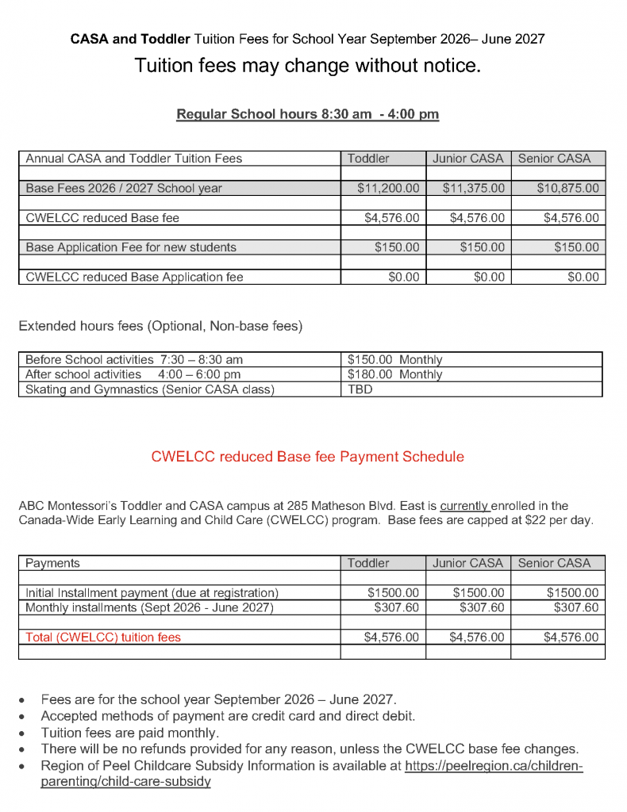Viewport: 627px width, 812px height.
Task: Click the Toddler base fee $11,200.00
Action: (x=388, y=189)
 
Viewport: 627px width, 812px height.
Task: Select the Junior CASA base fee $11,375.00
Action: (x=473, y=189)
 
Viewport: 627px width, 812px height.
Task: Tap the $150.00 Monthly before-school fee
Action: (x=394, y=359)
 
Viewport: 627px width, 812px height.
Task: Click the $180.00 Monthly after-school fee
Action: (x=394, y=374)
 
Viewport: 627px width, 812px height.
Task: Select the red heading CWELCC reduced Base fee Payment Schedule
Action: (x=307, y=457)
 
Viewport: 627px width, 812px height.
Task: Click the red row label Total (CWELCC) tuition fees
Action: (x=103, y=637)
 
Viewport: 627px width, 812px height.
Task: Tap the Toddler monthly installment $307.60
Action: (x=396, y=607)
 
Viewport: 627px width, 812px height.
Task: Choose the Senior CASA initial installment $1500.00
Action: (x=572, y=592)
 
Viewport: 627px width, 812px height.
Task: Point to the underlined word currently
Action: (x=465, y=505)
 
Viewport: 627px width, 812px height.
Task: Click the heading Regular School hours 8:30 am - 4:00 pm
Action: (x=307, y=114)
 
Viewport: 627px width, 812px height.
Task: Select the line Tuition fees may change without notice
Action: (x=307, y=66)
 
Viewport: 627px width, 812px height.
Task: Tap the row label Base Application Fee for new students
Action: (x=131, y=247)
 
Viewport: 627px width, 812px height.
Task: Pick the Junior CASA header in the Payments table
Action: (x=467, y=563)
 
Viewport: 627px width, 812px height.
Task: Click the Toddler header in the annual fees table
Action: (x=368, y=159)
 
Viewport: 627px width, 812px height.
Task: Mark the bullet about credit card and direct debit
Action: (x=228, y=716)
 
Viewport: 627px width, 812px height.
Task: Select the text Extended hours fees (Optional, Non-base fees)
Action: (x=160, y=325)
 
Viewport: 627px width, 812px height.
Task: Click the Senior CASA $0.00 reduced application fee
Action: (x=583, y=277)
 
